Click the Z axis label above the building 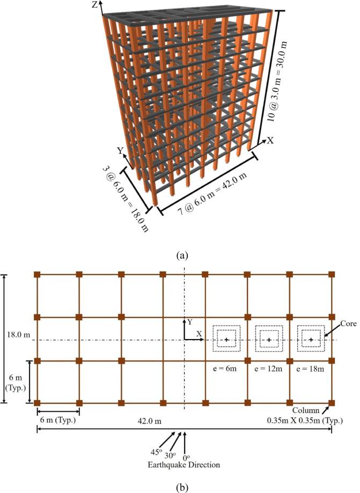coord(95,5)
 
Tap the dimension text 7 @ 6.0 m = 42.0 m coord(213,196)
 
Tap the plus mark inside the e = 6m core coord(226,340)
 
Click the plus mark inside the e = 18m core coord(311,340)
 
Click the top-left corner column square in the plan coord(37,275)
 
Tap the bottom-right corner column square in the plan coord(331,402)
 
